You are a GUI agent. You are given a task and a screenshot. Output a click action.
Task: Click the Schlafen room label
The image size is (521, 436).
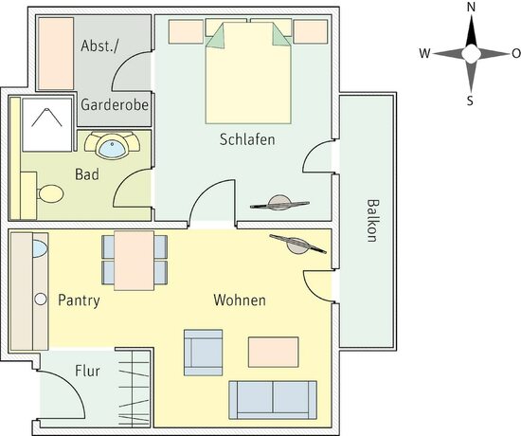coord(247,139)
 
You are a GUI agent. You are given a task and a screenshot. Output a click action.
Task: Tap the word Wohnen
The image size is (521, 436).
coord(239,300)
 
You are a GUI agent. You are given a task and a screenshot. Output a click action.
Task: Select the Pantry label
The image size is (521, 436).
coord(79,300)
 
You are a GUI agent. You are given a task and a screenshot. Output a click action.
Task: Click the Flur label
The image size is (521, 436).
coord(86,372)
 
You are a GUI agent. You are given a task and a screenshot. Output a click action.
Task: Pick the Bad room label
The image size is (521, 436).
coord(87,174)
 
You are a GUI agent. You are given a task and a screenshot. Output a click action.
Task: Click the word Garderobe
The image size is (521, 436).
coord(115,104)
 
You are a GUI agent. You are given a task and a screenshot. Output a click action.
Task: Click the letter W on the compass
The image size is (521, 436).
coord(424,53)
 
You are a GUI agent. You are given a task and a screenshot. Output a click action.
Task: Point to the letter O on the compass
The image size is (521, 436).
coord(515,53)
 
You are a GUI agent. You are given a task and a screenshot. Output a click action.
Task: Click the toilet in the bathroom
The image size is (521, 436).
coord(47,194)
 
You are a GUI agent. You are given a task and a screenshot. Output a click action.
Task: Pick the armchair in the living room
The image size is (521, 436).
coord(203,351)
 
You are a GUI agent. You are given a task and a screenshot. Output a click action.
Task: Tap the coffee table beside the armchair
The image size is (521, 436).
coord(273,352)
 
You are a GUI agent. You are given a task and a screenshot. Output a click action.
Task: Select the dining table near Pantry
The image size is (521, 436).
coord(134,260)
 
